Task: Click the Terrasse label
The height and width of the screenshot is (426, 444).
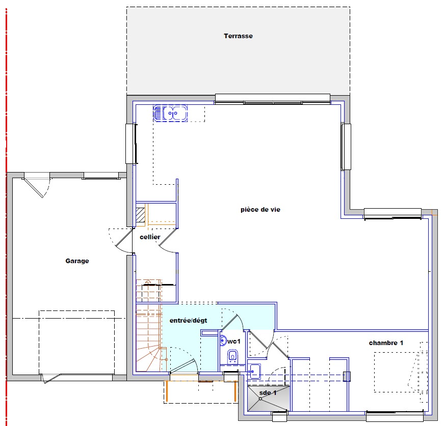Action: (x=238, y=36)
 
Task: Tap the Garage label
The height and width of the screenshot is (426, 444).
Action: (x=77, y=261)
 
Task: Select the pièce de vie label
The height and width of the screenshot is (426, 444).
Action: (x=260, y=210)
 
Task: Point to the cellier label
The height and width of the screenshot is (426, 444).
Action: (x=150, y=237)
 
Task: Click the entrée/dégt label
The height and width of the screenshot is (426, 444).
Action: (x=188, y=321)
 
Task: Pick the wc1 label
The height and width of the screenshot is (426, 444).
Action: (x=234, y=342)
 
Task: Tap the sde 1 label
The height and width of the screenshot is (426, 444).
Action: (x=268, y=392)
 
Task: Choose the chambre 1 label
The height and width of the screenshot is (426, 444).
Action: (x=386, y=343)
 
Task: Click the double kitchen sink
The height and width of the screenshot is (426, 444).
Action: (x=170, y=113)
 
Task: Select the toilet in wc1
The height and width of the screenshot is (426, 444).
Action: (x=233, y=357)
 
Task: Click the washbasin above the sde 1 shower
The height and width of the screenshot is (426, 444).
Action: (x=254, y=371)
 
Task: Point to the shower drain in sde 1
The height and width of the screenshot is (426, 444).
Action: (x=260, y=399)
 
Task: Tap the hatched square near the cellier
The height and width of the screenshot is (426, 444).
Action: (x=141, y=215)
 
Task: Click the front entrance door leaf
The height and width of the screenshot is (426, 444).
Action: (x=183, y=366)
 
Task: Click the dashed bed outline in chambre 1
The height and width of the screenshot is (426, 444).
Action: (x=397, y=372)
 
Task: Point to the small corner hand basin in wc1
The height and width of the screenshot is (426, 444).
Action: (x=223, y=340)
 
